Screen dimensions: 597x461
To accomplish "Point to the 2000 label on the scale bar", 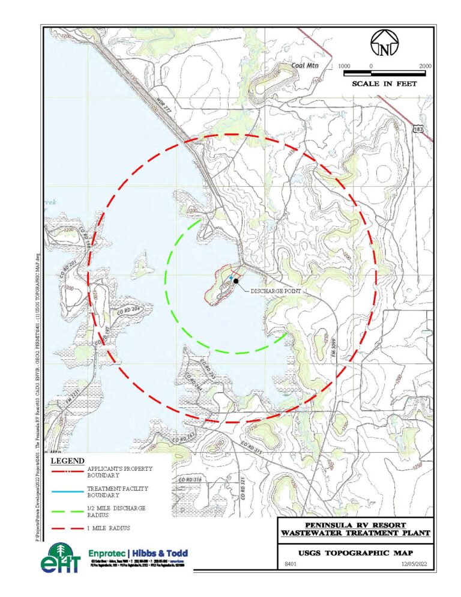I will pos(424,65).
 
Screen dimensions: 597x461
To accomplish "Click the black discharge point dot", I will pos(237,280).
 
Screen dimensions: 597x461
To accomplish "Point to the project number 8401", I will pos(289,565).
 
